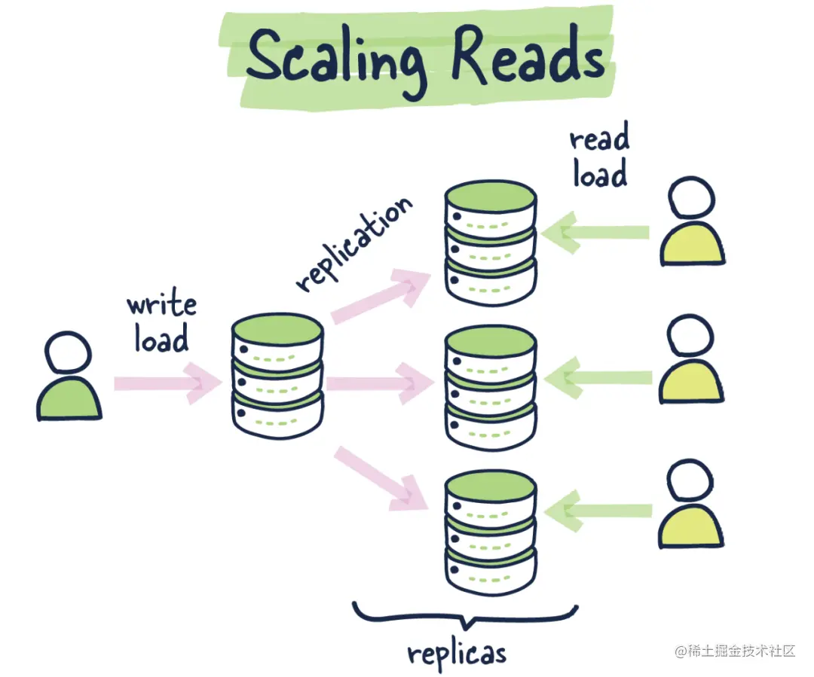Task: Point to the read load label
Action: (599, 158)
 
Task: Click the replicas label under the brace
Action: (457, 652)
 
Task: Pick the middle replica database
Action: (491, 384)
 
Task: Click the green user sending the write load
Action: (69, 377)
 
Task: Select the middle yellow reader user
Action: (691, 361)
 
